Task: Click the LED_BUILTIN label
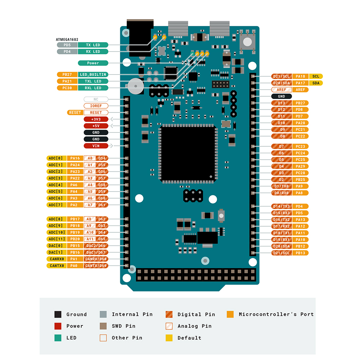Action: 93,75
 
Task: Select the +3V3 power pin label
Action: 96,119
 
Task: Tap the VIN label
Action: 96,146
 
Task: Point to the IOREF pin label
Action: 96,106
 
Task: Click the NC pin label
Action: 96,99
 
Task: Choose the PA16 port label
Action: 75,158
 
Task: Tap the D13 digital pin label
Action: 281,103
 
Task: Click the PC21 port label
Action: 300,130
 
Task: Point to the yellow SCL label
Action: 316,76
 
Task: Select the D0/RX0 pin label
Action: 281,193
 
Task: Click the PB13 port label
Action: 300,253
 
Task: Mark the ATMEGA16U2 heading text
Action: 67,39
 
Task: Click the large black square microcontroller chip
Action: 188,153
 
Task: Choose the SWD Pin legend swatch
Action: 103,326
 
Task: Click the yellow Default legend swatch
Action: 169,338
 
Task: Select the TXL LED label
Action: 93,81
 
